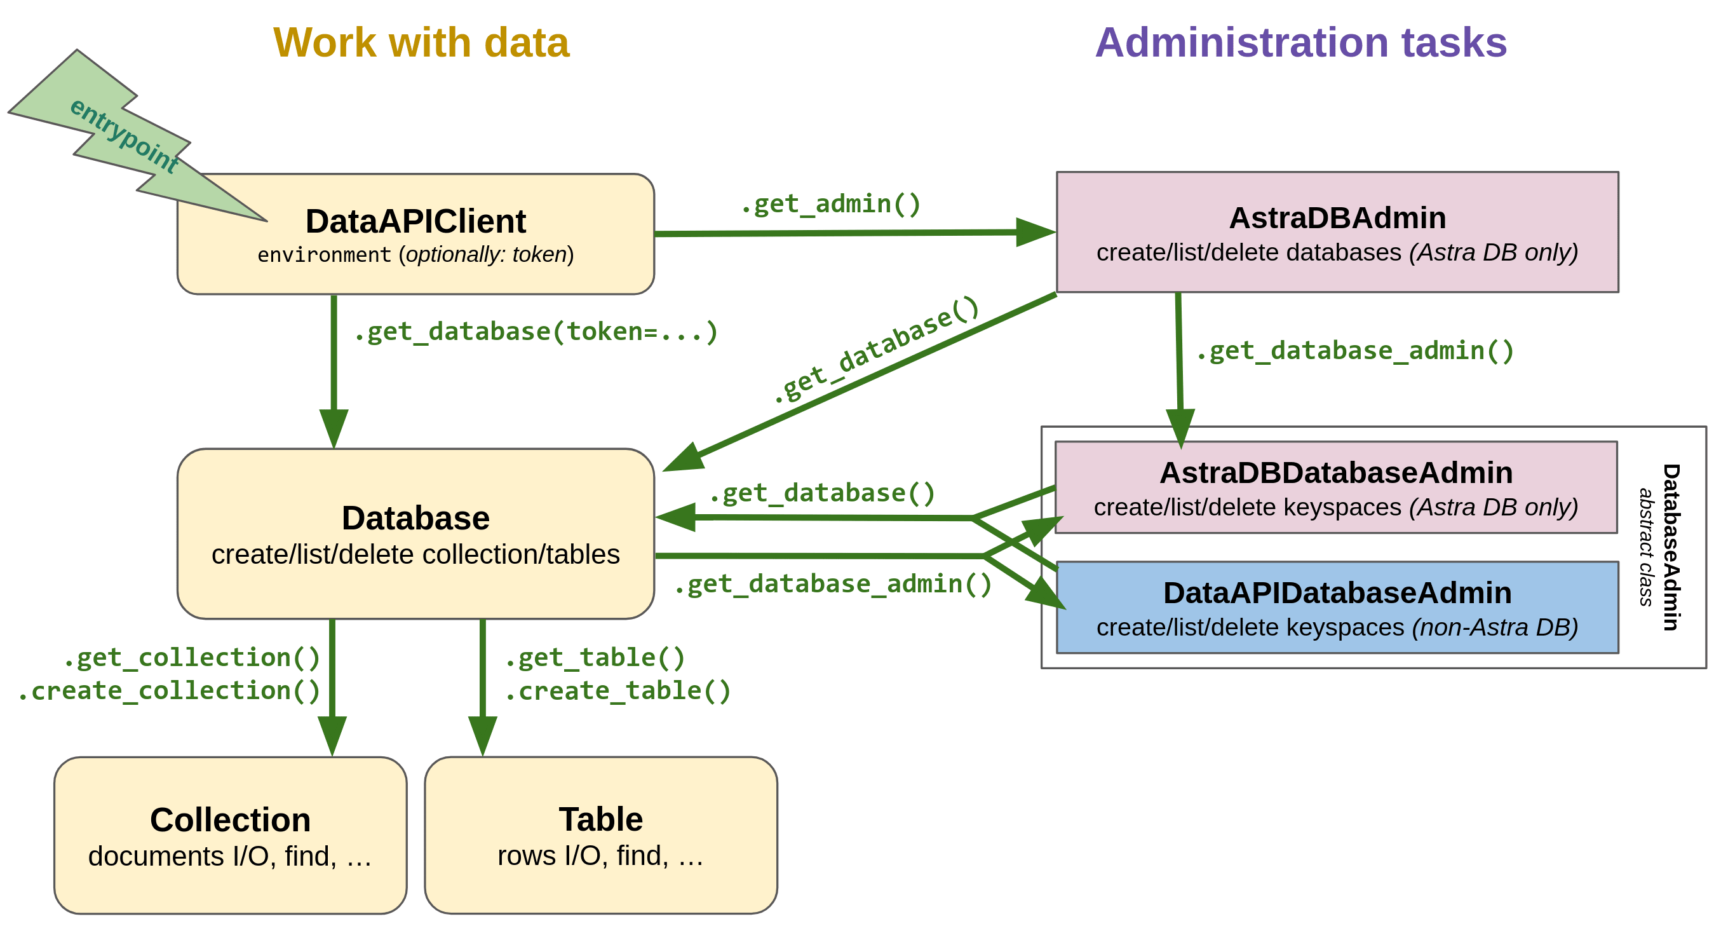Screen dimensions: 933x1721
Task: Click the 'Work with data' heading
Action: pos(421,43)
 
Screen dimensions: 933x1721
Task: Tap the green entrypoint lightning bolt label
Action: pos(125,135)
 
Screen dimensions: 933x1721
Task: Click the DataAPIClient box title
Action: pos(415,221)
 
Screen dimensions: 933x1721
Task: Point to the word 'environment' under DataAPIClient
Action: pos(324,255)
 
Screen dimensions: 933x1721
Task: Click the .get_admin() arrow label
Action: pos(830,204)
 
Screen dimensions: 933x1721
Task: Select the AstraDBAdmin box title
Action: pos(1337,218)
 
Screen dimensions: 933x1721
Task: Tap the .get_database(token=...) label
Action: pos(536,332)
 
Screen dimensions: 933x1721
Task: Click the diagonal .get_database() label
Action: pos(876,350)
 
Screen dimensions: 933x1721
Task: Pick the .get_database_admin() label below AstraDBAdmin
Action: pos(1354,350)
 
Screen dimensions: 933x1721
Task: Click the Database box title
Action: pos(415,518)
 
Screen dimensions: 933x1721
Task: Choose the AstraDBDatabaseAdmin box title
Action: pos(1335,472)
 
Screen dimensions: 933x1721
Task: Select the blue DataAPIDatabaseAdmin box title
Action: pos(1337,593)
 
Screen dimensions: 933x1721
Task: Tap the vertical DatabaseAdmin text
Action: pos(1670,547)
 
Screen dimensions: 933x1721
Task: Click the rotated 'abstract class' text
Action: pos(1645,547)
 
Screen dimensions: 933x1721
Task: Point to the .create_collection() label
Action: pos(170,690)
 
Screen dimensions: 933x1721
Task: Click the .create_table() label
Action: pos(618,690)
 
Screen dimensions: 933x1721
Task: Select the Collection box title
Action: pos(231,819)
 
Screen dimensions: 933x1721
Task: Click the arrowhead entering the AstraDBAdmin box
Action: pos(1034,232)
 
